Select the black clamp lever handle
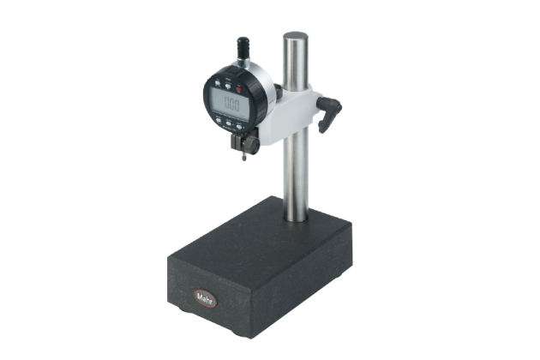(x=329, y=113)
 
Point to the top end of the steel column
(x=296, y=37)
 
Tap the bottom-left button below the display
(x=217, y=121)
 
